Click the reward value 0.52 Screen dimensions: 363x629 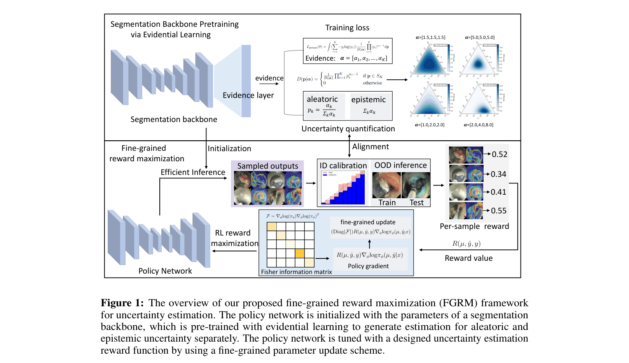tap(500, 154)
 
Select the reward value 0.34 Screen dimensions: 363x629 tap(498, 174)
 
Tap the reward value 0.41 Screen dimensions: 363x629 tap(498, 192)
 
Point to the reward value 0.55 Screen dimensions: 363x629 tap(499, 211)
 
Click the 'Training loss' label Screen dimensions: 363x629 tap(347, 28)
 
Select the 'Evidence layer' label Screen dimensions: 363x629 tap(248, 95)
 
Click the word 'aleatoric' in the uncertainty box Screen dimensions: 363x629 tap(322, 99)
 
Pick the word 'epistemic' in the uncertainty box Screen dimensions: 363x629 tap(369, 99)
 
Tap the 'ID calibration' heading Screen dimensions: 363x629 tap(343, 166)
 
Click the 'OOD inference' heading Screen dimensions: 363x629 tap(400, 165)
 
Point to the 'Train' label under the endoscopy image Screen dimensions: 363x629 tap(387, 202)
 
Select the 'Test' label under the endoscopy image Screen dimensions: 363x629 tap(416, 202)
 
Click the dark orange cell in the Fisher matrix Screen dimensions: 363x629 tap(299, 253)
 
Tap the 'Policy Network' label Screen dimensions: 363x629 tap(165, 271)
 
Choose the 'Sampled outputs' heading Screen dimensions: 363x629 tap(267, 166)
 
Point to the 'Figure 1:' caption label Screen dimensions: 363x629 tap(122, 303)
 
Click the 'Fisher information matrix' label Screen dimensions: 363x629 tap(296, 272)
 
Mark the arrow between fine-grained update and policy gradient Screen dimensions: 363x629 tap(369, 244)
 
